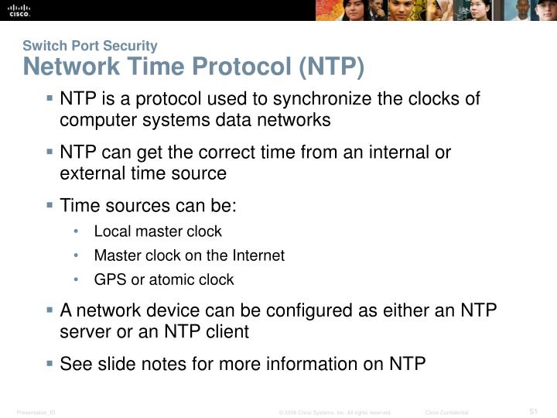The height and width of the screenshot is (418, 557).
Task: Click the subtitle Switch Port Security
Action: [x=90, y=46]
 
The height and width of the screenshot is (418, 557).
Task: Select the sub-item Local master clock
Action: [x=158, y=231]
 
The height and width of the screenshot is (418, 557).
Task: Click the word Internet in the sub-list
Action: [x=258, y=255]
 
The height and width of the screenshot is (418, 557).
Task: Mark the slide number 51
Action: [x=533, y=410]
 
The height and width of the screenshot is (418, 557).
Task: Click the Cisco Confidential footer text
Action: [x=447, y=412]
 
